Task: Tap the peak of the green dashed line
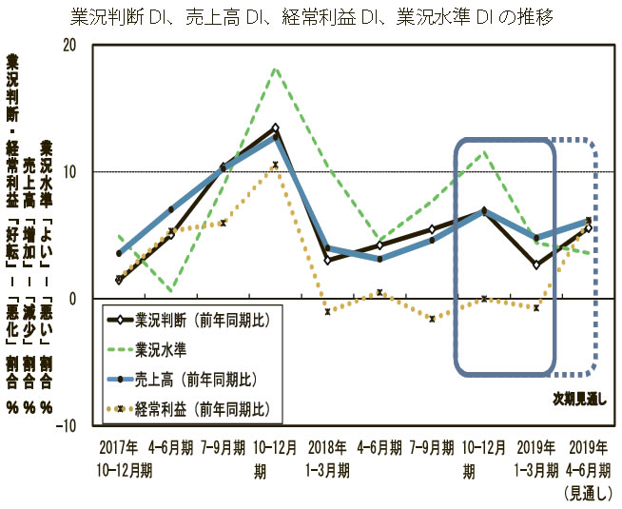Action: (x=276, y=69)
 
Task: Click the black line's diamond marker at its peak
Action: (x=276, y=127)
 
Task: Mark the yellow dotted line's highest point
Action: (x=276, y=165)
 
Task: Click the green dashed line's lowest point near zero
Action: (x=171, y=290)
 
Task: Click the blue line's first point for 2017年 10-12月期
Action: (x=119, y=253)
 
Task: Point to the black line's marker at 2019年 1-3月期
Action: (x=537, y=264)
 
